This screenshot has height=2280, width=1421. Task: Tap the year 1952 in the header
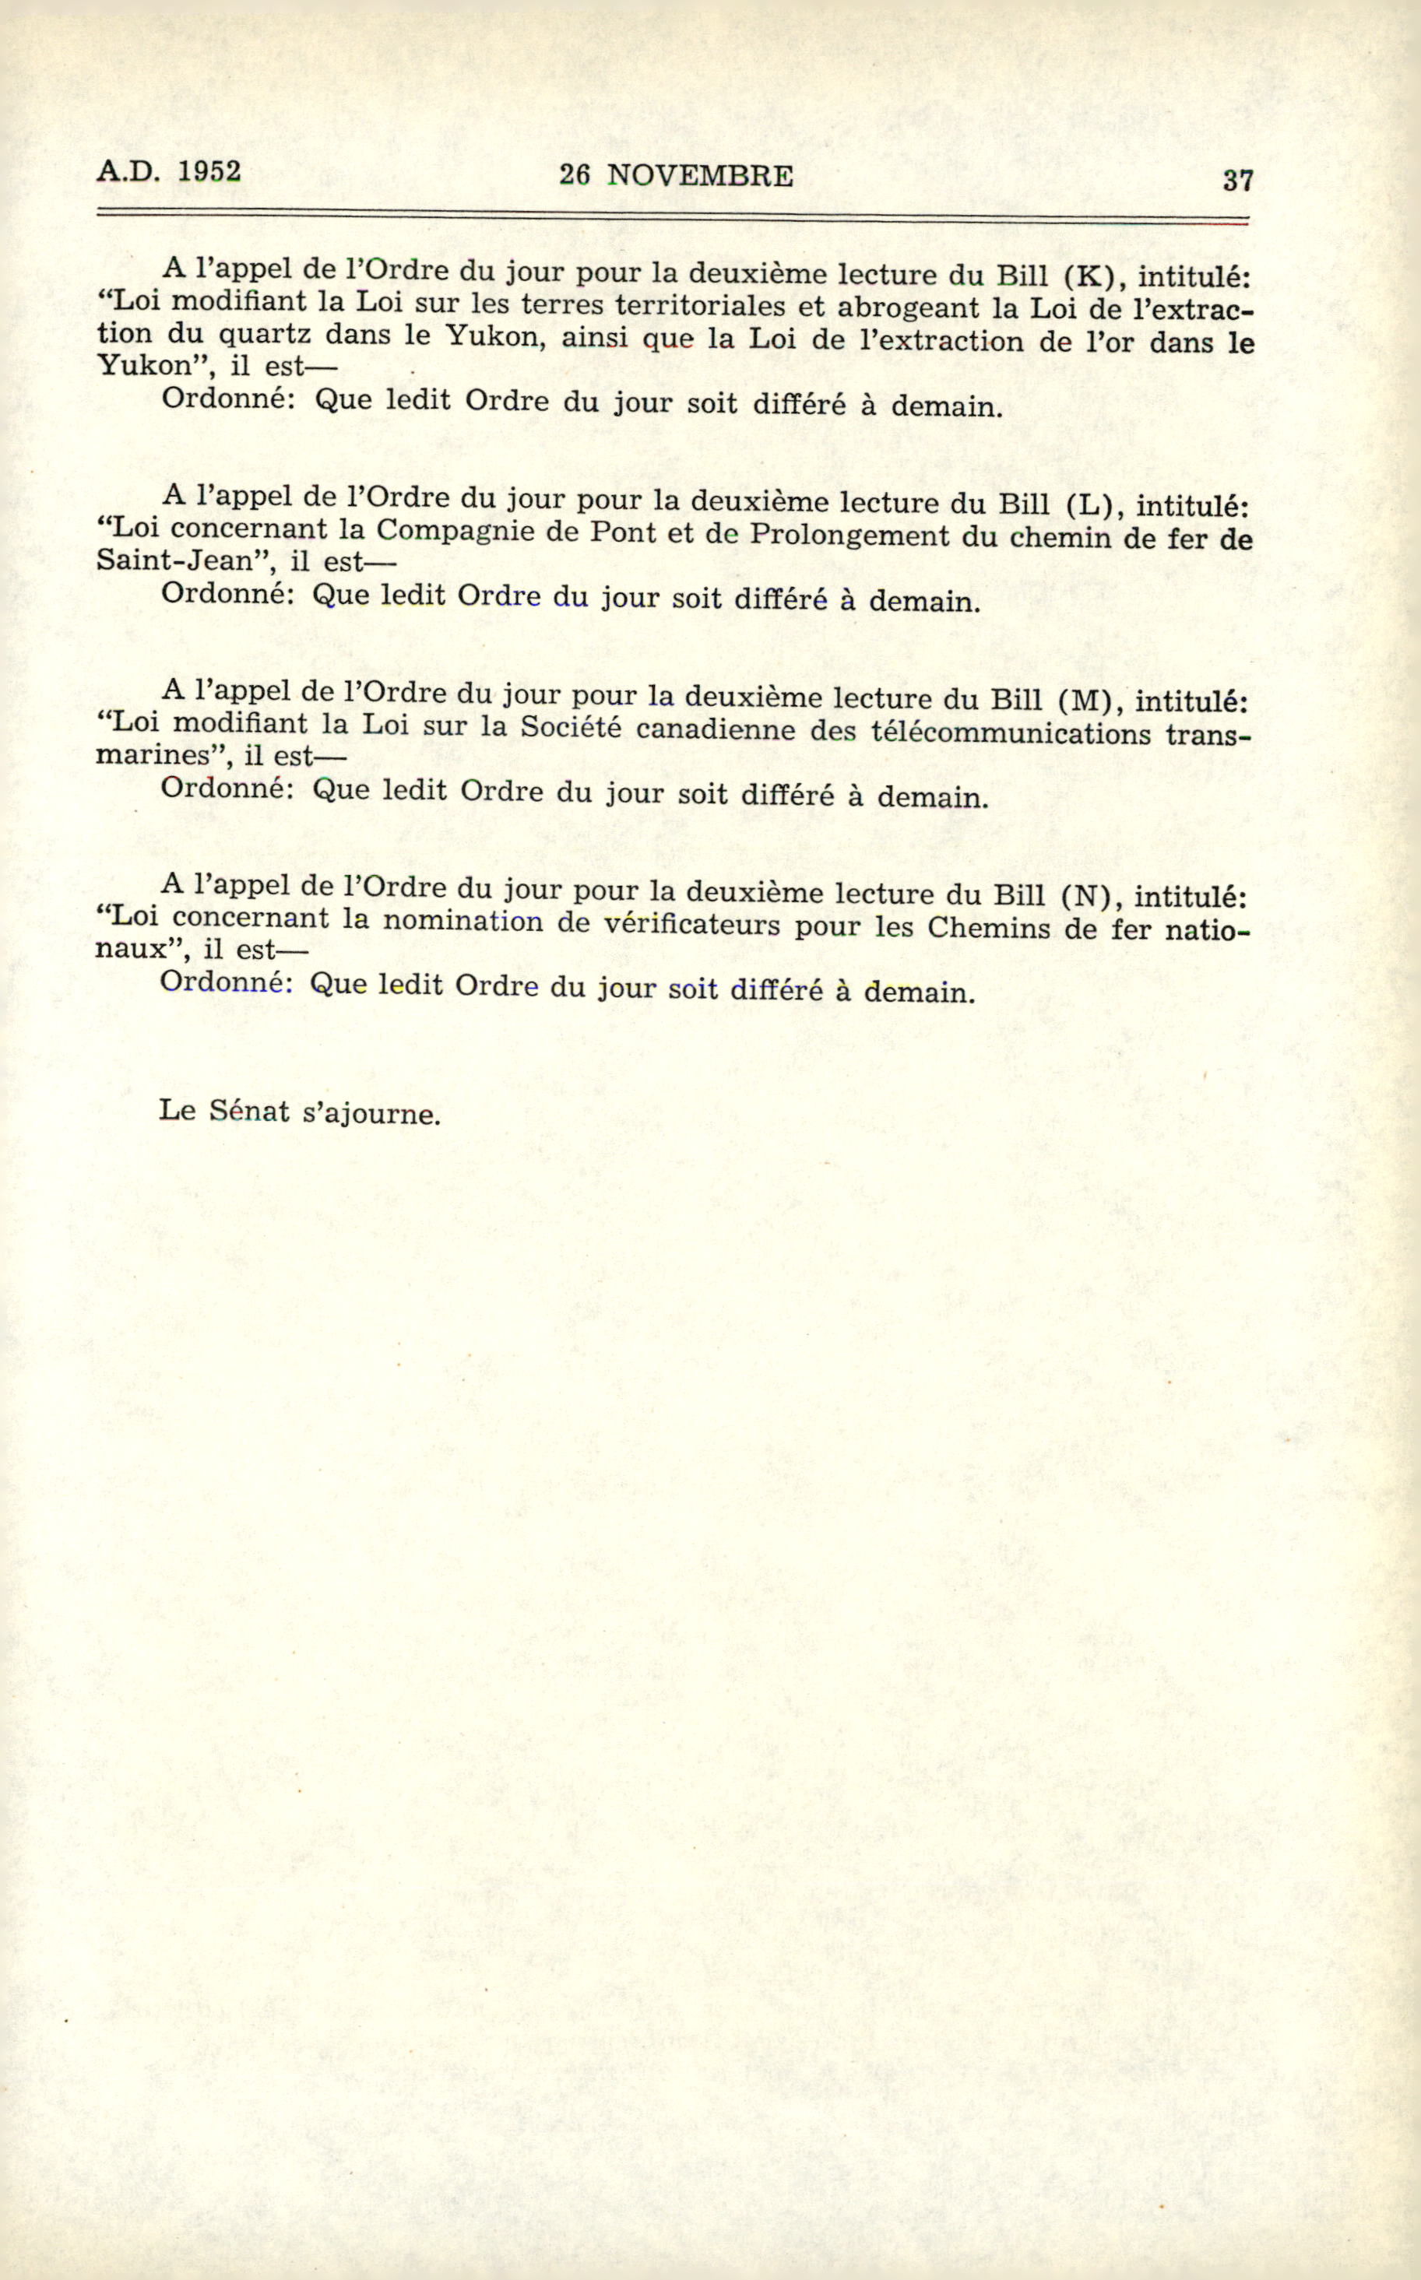(x=209, y=171)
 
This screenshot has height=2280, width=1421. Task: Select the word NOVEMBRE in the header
(x=700, y=176)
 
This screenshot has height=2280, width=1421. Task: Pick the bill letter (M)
(x=1091, y=700)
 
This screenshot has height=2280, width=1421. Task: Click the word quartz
(x=265, y=335)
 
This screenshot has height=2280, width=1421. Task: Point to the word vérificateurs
(x=691, y=925)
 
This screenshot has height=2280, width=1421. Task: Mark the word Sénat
(x=249, y=1112)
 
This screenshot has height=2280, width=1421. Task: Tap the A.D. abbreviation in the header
(x=128, y=172)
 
